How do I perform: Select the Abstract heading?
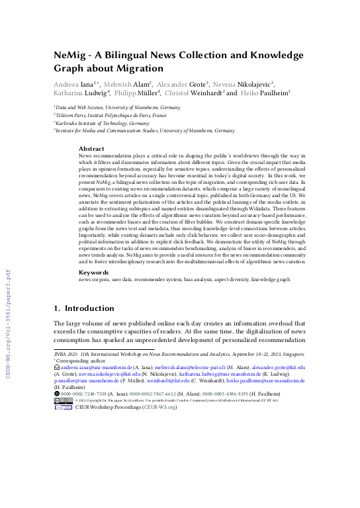(91, 149)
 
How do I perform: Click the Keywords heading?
(93, 272)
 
